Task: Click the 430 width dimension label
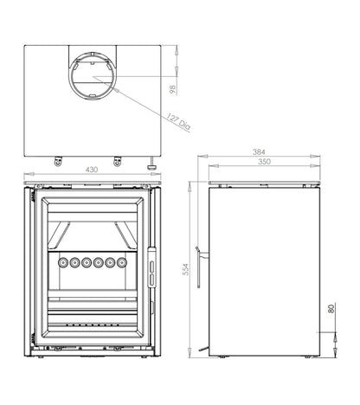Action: click(x=92, y=170)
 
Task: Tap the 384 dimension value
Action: click(x=259, y=151)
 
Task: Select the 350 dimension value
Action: click(x=264, y=162)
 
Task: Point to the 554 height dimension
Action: click(x=186, y=269)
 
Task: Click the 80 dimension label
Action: click(x=331, y=308)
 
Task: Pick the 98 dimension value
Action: click(x=172, y=89)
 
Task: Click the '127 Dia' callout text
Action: click(x=178, y=121)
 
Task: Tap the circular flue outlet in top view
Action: click(x=93, y=76)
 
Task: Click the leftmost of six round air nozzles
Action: click(x=62, y=262)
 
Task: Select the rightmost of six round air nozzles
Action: click(x=122, y=262)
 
